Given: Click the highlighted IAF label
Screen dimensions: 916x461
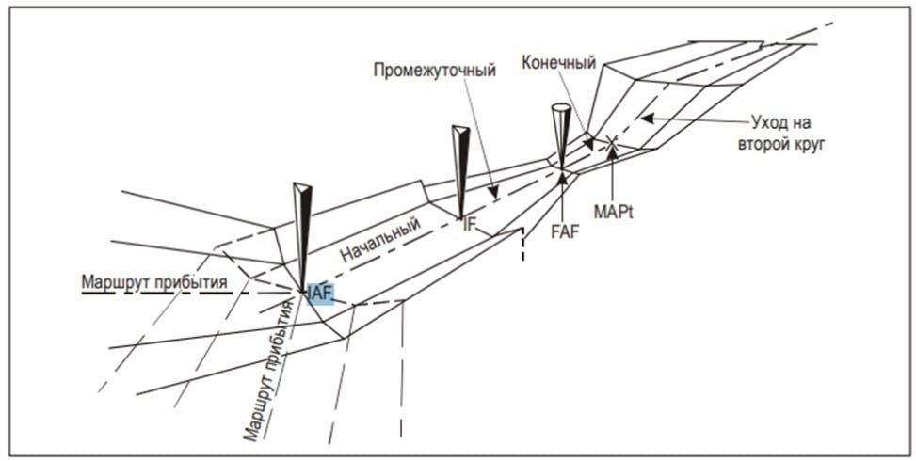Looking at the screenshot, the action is click(x=319, y=294).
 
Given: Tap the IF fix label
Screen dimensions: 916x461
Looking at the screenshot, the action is click(x=467, y=225).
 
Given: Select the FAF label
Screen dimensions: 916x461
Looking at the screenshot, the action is click(x=565, y=233).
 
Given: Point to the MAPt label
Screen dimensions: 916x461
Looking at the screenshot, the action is click(x=614, y=212).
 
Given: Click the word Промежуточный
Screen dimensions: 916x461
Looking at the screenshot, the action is click(x=435, y=71).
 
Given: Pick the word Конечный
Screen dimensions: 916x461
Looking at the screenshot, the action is click(x=559, y=62).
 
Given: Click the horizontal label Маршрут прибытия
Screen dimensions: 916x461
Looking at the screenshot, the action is click(x=154, y=282).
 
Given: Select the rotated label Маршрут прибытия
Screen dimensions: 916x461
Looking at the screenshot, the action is click(x=268, y=369).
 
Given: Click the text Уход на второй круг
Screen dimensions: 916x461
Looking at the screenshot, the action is click(x=781, y=133).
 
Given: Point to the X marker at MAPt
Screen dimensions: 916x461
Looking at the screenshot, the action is click(x=612, y=140).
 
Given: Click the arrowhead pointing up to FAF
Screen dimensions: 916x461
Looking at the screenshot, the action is click(x=563, y=176).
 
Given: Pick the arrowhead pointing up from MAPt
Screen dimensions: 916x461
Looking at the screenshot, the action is click(x=612, y=151).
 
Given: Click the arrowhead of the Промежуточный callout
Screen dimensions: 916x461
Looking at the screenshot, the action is click(x=493, y=192).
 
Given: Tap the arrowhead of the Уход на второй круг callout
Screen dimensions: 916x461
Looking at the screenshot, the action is click(x=646, y=119).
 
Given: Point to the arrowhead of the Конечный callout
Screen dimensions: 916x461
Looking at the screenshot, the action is click(x=589, y=144).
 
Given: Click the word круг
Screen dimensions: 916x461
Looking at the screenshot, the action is click(x=807, y=145).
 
